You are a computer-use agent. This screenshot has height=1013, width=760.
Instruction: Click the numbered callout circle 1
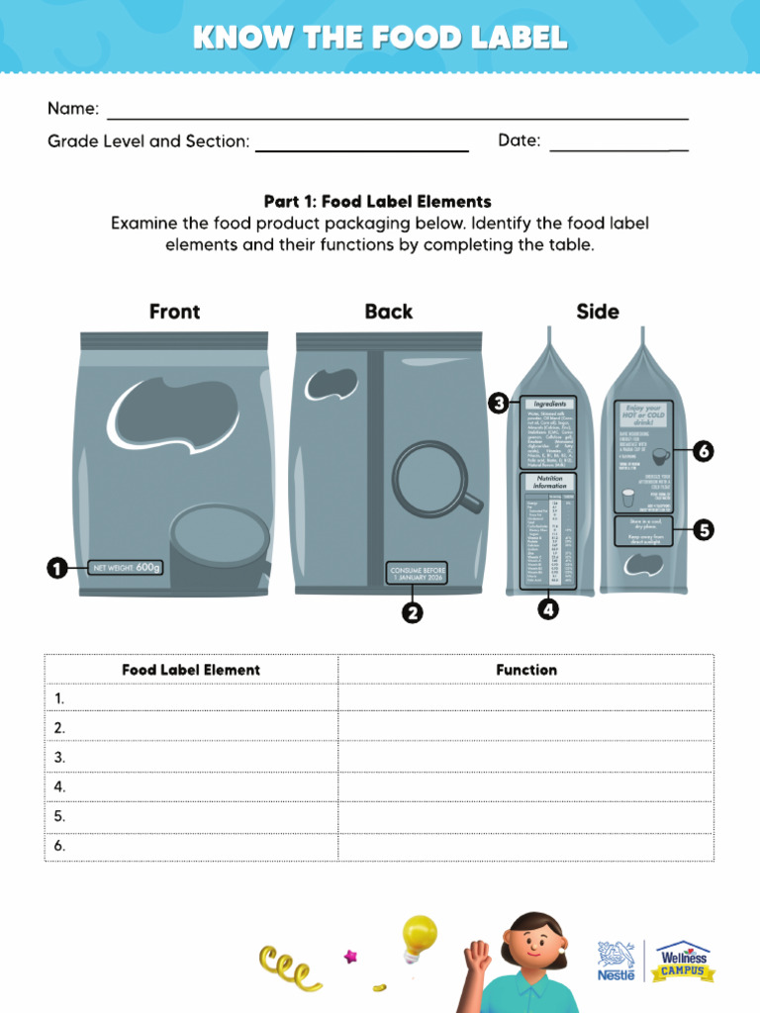pyautogui.click(x=56, y=568)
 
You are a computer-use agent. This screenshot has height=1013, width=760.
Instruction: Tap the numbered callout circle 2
pyautogui.click(x=412, y=613)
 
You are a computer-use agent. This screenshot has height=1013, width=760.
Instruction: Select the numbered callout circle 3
pyautogui.click(x=499, y=403)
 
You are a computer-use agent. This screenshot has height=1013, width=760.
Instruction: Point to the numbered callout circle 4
pyautogui.click(x=548, y=609)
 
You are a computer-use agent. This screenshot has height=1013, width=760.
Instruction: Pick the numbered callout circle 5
pyautogui.click(x=703, y=530)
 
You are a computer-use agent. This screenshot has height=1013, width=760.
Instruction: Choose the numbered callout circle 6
pyautogui.click(x=703, y=451)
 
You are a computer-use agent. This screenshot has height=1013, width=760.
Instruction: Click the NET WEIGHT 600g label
pyautogui.click(x=126, y=568)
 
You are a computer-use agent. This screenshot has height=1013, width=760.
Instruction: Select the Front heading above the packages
pyautogui.click(x=174, y=312)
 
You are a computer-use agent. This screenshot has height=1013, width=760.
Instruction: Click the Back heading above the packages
pyautogui.click(x=388, y=312)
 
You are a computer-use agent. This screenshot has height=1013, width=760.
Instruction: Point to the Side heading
pyautogui.click(x=598, y=312)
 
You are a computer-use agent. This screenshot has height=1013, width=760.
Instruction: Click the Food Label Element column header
pyautogui.click(x=191, y=670)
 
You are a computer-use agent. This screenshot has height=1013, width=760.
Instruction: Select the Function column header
pyautogui.click(x=526, y=670)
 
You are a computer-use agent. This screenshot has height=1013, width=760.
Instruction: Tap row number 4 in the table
pyautogui.click(x=60, y=787)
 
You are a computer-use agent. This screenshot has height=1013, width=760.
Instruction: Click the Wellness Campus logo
pyautogui.click(x=684, y=961)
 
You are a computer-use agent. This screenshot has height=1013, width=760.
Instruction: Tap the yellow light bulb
pyautogui.click(x=419, y=935)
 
